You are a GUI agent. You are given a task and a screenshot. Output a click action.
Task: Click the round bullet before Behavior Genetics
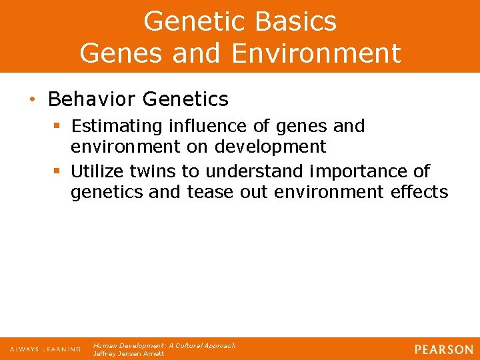32,99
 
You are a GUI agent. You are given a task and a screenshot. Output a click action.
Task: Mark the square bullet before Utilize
57,171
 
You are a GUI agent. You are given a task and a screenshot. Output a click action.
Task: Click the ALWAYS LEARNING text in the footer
45,349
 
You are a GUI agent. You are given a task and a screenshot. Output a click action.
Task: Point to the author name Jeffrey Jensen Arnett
129,354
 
